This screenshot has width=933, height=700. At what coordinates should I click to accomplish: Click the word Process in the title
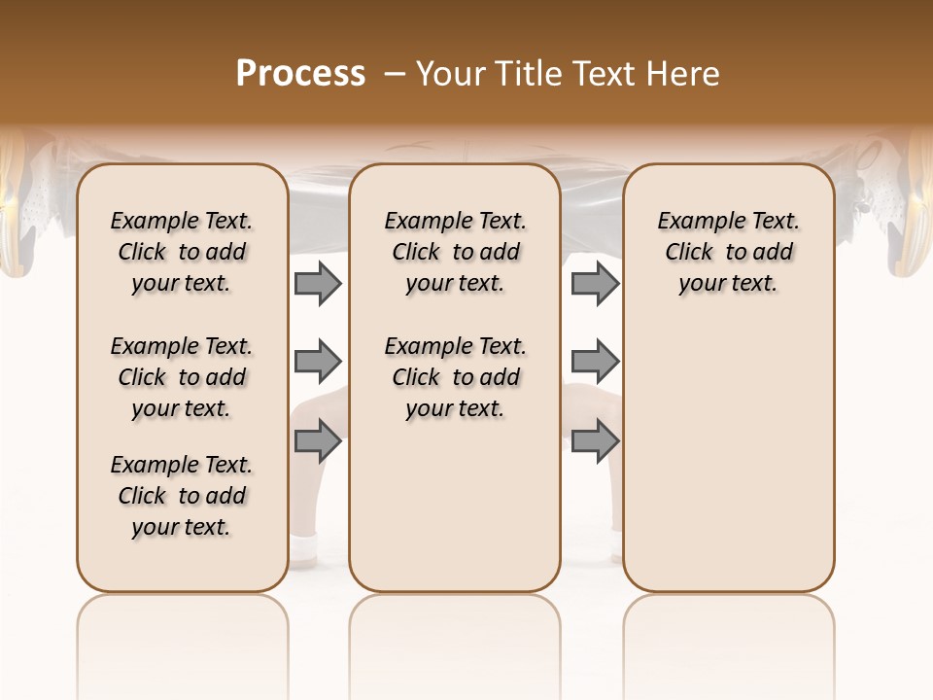[x=300, y=74]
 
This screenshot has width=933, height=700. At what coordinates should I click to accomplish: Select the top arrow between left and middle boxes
[x=318, y=283]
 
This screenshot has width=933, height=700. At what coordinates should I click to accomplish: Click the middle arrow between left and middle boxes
[x=318, y=363]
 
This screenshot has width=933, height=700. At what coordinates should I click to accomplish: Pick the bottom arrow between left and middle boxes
[x=318, y=441]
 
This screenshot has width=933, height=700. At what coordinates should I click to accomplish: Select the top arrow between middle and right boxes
[x=595, y=283]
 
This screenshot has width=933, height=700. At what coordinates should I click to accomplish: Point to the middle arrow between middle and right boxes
[x=595, y=363]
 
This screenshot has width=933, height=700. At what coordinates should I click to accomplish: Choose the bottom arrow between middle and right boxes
[x=595, y=441]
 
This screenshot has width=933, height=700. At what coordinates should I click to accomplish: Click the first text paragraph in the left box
[x=182, y=252]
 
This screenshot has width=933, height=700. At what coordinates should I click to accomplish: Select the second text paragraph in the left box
[x=182, y=377]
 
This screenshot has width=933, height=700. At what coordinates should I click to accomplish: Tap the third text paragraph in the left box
[x=182, y=496]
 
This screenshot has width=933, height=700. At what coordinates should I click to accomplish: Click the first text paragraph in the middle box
[x=455, y=252]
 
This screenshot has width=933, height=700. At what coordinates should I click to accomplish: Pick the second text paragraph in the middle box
[x=455, y=377]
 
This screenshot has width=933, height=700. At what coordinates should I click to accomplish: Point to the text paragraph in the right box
[x=728, y=252]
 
